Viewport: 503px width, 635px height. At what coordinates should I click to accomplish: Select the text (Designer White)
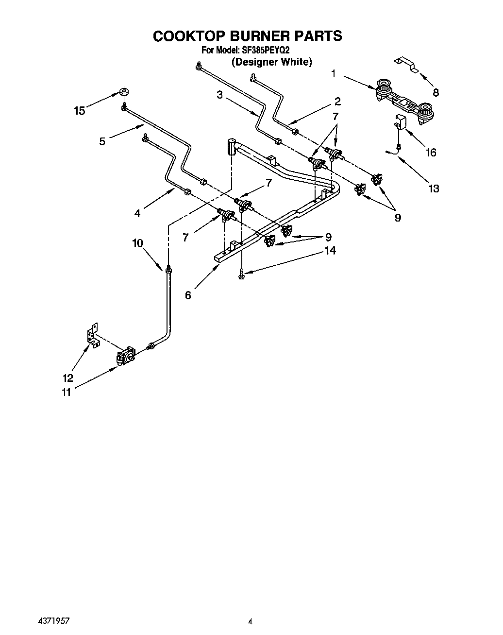[x=271, y=62]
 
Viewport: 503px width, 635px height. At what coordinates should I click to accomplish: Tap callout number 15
[x=79, y=111]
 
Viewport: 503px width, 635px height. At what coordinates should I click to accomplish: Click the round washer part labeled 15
[x=124, y=92]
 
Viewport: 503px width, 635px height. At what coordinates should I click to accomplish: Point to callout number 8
[x=436, y=92]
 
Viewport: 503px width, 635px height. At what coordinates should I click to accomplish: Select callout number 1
[x=333, y=74]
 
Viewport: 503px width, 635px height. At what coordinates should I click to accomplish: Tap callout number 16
[x=431, y=153]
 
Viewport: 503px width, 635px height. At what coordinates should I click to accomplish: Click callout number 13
[x=433, y=188]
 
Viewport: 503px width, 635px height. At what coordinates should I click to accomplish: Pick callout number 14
[x=331, y=251]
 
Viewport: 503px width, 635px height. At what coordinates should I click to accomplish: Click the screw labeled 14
[x=241, y=275]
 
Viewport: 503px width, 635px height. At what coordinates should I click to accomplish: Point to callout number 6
[x=188, y=295]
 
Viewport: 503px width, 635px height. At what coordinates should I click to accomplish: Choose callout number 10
[x=138, y=243]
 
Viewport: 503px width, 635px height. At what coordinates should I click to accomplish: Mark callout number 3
[x=219, y=95]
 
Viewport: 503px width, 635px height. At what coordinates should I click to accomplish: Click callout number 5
[x=102, y=141]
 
